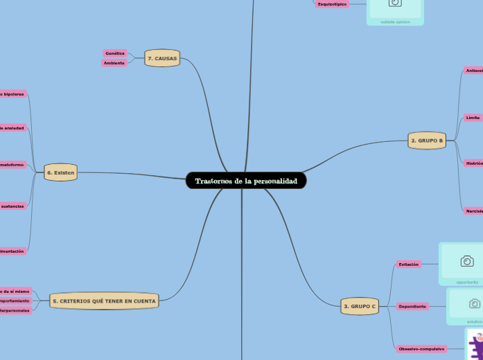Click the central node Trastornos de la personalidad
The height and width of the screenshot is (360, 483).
[246, 181]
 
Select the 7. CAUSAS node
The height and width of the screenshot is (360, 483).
[162, 59]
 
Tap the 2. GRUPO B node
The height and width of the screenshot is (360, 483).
[427, 141]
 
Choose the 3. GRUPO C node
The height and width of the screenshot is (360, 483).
[360, 306]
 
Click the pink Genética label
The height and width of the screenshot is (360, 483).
[115, 53]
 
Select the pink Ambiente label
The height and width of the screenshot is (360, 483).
[114, 63]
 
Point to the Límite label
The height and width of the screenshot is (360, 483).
[473, 118]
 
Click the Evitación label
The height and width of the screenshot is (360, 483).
[408, 264]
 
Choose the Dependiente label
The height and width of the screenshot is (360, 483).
[412, 306]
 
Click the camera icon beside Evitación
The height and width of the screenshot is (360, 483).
[467, 261]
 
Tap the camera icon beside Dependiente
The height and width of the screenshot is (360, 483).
[475, 303]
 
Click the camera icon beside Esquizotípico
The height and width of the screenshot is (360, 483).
[395, 3]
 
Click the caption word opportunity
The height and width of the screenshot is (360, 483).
[467, 282]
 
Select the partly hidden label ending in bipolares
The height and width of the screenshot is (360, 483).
[12, 93]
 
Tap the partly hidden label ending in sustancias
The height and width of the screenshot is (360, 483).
[12, 206]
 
